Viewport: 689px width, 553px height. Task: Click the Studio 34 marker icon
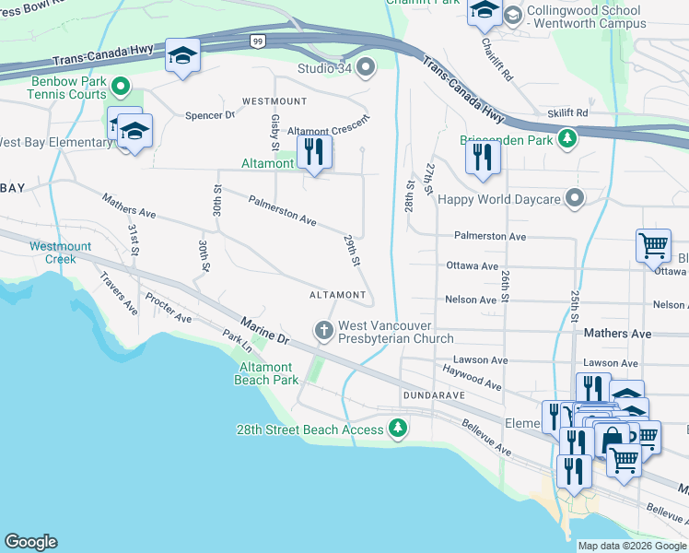point(366,68)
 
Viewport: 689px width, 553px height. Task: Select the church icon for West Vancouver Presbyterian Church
point(323,330)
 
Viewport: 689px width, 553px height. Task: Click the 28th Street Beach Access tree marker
point(397,429)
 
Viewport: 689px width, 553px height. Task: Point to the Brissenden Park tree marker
point(569,139)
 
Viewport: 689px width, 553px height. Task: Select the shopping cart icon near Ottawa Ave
point(653,245)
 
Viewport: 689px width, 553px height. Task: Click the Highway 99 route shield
point(257,41)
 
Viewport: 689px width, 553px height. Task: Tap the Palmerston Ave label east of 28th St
point(490,236)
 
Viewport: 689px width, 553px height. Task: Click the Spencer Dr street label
point(210,115)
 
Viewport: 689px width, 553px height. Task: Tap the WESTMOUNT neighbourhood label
point(274,100)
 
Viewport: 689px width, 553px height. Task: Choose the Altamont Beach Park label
point(266,373)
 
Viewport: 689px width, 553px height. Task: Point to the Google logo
point(30,542)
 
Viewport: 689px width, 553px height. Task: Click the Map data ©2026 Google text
point(631,546)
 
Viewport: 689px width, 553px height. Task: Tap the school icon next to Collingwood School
point(485,11)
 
